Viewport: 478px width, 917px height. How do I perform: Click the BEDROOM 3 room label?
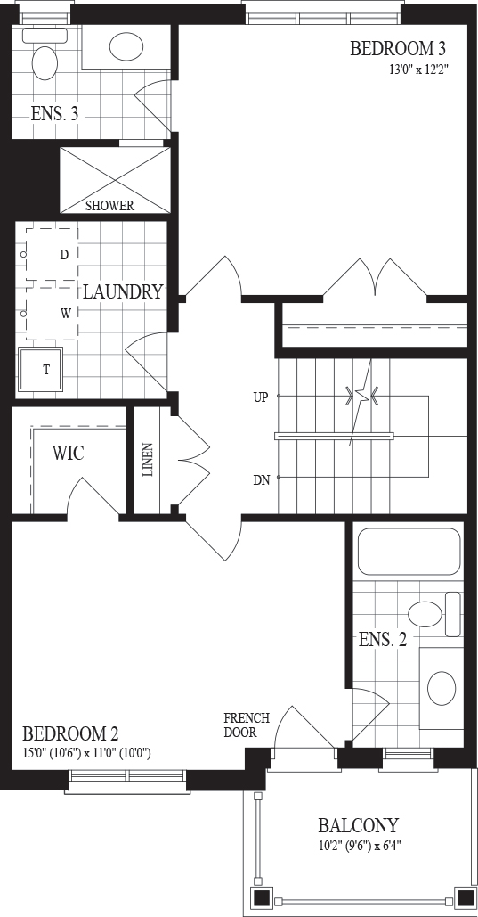click(401, 48)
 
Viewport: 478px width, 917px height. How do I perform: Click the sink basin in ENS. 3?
click(126, 45)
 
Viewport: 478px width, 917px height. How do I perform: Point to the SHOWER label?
click(109, 206)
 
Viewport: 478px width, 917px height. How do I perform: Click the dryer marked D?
click(52, 254)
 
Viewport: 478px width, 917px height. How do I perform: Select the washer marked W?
click(52, 314)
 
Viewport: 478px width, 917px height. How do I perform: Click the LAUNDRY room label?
click(122, 291)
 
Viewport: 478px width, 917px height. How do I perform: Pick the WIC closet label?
click(68, 453)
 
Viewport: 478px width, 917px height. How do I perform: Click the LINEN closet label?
click(147, 460)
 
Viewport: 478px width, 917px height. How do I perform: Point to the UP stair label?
click(261, 397)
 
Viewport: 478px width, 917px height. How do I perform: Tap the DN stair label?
click(261, 480)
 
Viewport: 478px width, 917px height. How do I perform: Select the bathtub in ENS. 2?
click(408, 552)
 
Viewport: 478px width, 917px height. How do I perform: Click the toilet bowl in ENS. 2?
click(425, 614)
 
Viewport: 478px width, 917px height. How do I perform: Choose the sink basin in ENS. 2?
click(442, 688)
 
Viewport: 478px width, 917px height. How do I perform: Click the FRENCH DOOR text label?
click(247, 725)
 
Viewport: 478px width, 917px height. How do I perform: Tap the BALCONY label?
click(358, 825)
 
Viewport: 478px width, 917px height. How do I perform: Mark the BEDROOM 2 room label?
click(70, 733)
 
